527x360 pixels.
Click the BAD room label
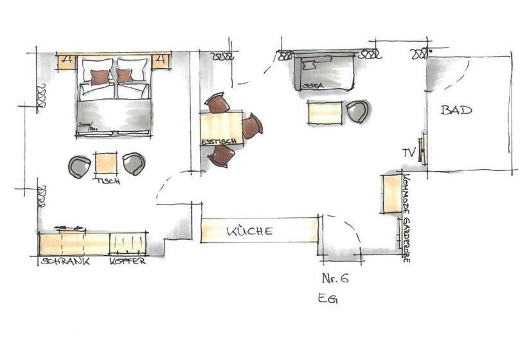[x=456, y=110]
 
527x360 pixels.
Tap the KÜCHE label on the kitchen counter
[x=250, y=231]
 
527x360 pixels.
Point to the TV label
[x=409, y=152]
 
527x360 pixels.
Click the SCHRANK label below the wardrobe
[x=64, y=262]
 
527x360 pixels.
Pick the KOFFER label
[x=127, y=262]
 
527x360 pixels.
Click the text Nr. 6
[x=335, y=278]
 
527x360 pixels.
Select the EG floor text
[x=327, y=299]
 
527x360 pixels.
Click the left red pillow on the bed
[x=100, y=77]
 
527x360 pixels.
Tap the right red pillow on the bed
[x=125, y=76]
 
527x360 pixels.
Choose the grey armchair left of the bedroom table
[x=80, y=166]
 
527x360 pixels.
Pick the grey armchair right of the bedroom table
[x=134, y=163]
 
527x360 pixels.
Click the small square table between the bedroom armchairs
[x=106, y=163]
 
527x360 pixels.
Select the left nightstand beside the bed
[x=67, y=62]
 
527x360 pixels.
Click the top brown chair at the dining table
[x=218, y=103]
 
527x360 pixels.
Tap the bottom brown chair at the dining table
[x=222, y=156]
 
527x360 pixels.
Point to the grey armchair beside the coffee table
[x=358, y=111]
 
